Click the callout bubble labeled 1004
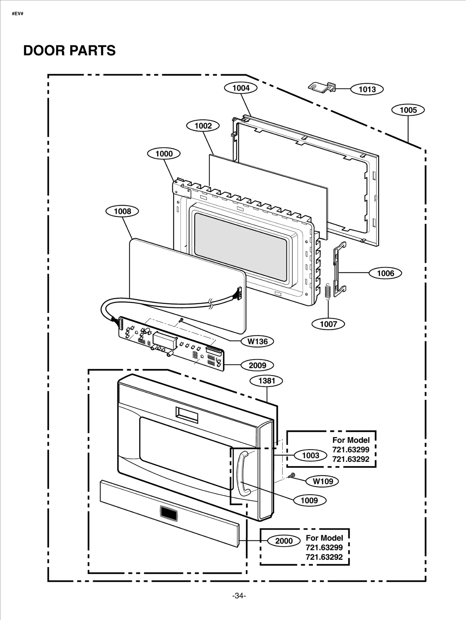point(241,88)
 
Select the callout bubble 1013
point(367,89)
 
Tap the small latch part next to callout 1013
point(322,87)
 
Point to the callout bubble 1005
point(408,110)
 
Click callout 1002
point(203,126)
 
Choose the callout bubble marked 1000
point(164,154)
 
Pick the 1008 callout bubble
point(122,211)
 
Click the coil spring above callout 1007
point(328,291)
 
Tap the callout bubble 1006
point(385,273)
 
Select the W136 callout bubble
point(257,341)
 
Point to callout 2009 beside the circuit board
point(257,365)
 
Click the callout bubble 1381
point(266,381)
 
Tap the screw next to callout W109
point(292,475)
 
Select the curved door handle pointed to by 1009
point(243,474)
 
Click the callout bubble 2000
point(284,541)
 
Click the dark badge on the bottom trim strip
point(169,513)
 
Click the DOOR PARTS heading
point(69,51)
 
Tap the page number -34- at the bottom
point(239,596)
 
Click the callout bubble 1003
point(310,455)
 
